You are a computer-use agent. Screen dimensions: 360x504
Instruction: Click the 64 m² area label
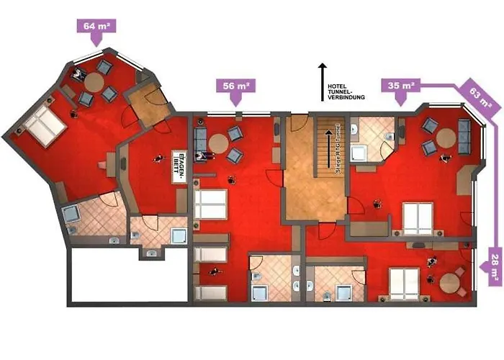[x=95, y=27]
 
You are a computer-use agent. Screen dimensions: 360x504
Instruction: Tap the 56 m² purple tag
[x=235, y=86]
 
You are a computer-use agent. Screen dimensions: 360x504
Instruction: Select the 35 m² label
[x=400, y=86]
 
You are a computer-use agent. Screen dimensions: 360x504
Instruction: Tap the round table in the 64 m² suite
[x=95, y=81]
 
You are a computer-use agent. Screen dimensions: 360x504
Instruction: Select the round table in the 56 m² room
[x=219, y=143]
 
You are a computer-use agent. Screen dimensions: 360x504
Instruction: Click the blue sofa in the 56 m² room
[x=201, y=140]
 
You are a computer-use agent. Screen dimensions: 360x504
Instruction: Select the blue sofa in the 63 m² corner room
[x=464, y=132]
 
